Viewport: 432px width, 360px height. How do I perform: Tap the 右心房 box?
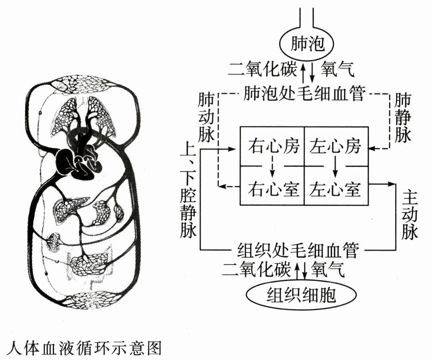tap(273, 147)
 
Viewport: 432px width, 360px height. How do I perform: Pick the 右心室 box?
tap(273, 189)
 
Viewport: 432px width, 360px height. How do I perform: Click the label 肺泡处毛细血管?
tap(305, 93)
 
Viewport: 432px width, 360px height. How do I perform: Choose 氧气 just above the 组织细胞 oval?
tap(327, 269)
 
